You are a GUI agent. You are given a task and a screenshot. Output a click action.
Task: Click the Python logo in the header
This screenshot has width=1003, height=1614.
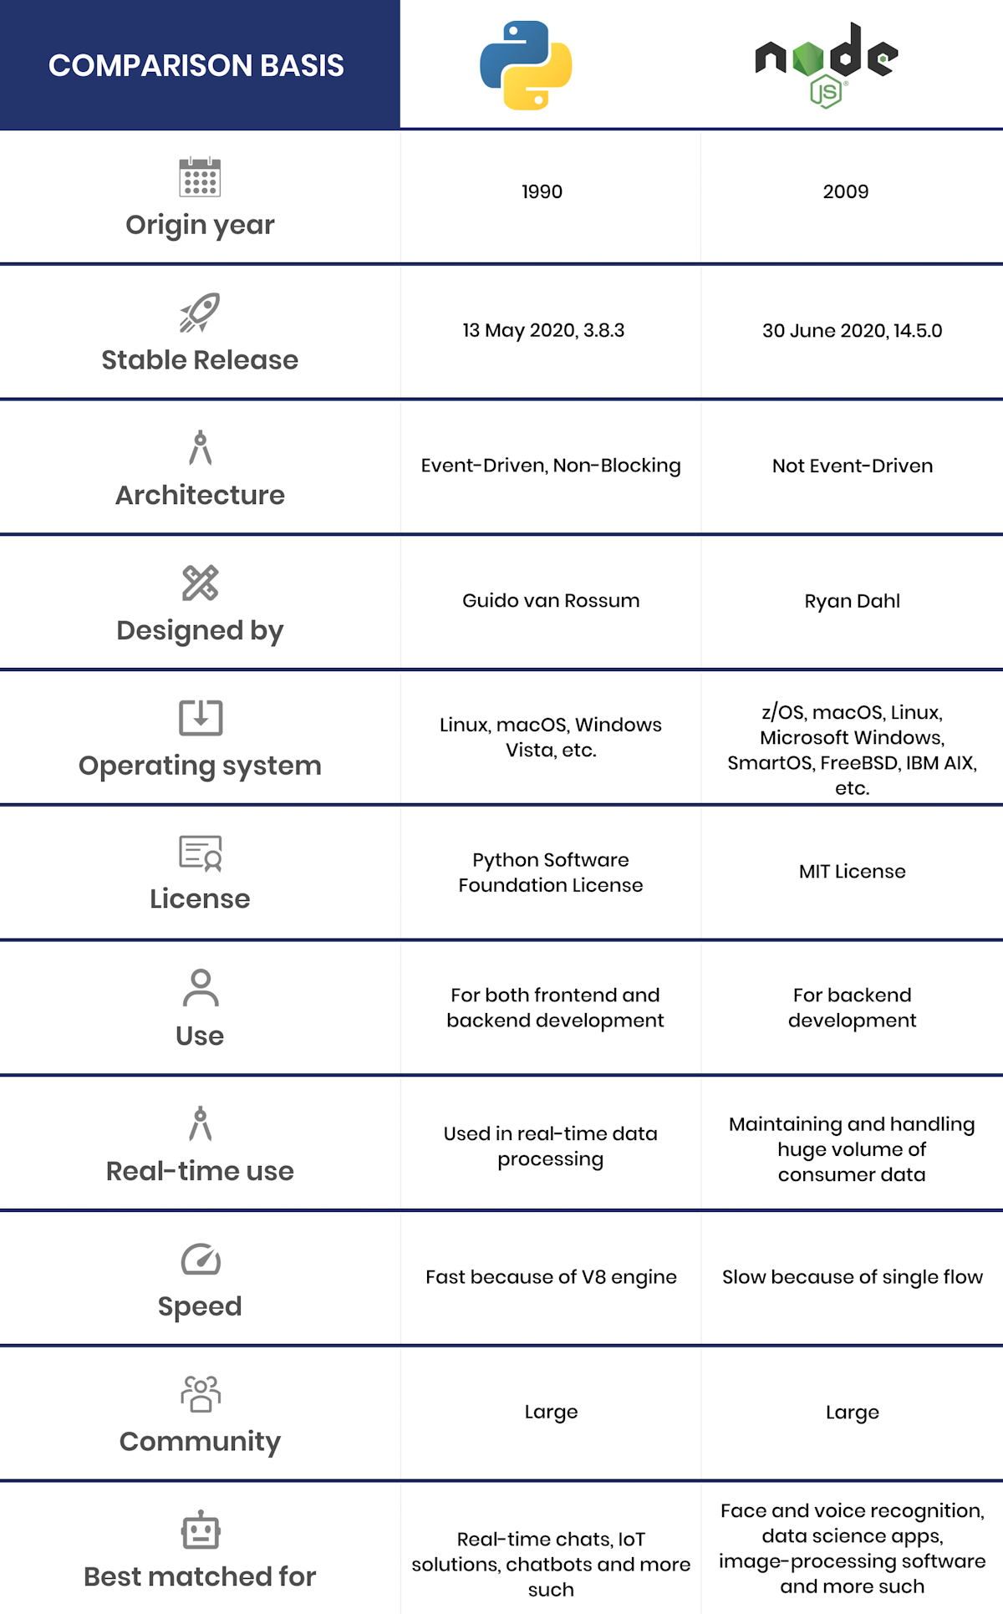pos(526,65)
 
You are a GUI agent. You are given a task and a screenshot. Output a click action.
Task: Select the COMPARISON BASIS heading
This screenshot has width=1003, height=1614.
pos(196,65)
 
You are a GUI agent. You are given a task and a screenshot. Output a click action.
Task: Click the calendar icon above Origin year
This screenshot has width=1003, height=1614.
pos(200,177)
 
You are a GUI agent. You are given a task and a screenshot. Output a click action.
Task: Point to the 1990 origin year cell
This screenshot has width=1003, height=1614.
pos(542,191)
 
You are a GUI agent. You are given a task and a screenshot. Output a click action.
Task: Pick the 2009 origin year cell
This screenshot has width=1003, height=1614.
pos(846,191)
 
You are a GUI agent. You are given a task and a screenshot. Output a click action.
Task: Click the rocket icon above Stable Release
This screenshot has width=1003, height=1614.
pos(200,313)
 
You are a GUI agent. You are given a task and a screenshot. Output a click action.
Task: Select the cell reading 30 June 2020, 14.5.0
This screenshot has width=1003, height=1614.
pos(852,330)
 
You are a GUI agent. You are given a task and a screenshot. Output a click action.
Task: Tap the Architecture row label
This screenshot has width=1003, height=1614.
pos(200,495)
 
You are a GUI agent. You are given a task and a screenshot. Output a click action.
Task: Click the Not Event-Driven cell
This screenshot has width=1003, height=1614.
pos(852,466)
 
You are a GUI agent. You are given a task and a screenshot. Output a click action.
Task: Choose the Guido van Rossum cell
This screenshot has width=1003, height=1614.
pos(551,600)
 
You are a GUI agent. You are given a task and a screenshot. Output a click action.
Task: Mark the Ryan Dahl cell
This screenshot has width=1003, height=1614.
pos(852,601)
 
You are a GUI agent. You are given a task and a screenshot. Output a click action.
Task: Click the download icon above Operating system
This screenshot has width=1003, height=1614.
pos(201,717)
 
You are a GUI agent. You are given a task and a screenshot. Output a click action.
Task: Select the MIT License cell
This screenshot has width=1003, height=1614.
pos(852,871)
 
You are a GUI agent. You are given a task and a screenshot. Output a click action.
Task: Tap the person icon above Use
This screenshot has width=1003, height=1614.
pos(201,988)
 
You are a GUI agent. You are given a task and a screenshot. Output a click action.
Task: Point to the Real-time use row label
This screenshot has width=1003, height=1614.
pos(200,1171)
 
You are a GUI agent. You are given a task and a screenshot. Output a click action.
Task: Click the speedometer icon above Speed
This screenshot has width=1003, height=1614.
pos(201,1259)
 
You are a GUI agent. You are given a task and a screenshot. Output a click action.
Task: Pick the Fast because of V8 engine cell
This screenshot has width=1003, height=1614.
pos(551,1276)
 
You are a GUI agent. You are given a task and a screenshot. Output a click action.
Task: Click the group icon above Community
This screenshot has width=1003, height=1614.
pos(201,1393)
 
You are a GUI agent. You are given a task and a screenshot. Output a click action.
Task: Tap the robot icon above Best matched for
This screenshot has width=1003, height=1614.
pos(201,1530)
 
